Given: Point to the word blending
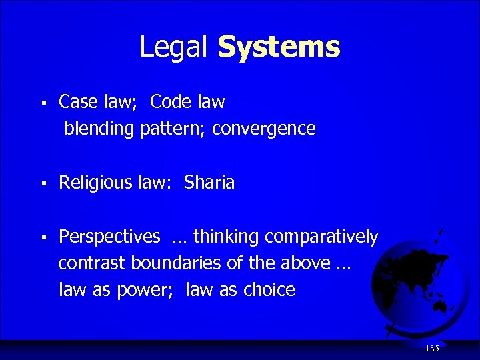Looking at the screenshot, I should pyautogui.click(x=99, y=129).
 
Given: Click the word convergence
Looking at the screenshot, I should pyautogui.click(x=264, y=129).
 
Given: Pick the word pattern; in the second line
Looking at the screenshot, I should pyautogui.click(x=174, y=129).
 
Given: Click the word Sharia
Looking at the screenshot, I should pyautogui.click(x=209, y=183).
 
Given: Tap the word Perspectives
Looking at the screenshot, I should pyautogui.click(x=109, y=237).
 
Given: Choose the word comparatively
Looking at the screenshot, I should pyautogui.click(x=321, y=237).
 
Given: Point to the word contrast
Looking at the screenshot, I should pyautogui.click(x=91, y=263).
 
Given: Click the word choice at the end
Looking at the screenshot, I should pyautogui.click(x=269, y=290).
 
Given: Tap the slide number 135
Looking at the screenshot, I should pyautogui.click(x=432, y=349).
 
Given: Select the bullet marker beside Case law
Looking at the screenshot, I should pyautogui.click(x=41, y=103).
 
